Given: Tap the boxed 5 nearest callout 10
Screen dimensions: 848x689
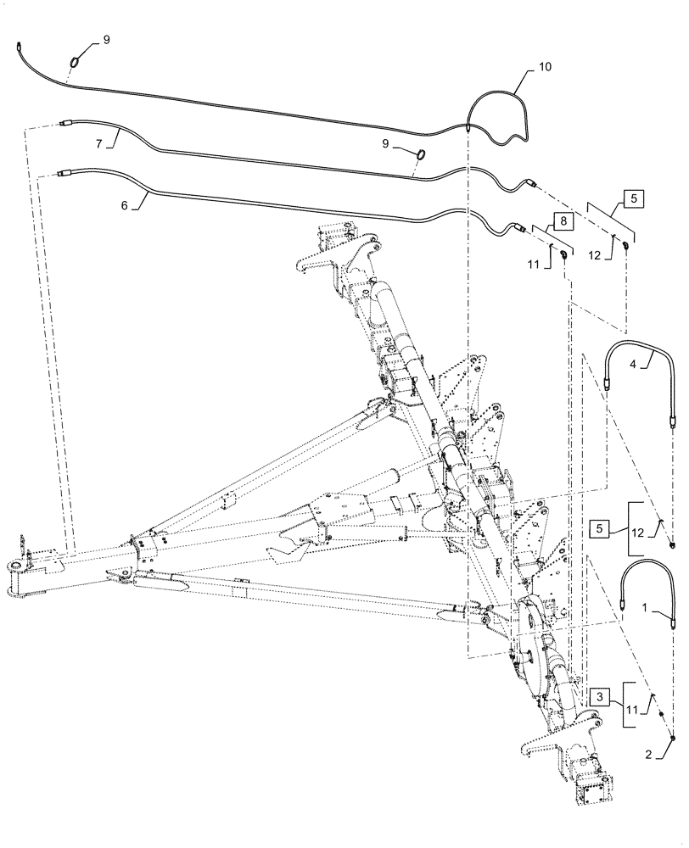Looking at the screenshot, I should click(x=635, y=199).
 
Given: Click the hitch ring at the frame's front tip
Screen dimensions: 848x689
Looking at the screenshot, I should click(x=19, y=566).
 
